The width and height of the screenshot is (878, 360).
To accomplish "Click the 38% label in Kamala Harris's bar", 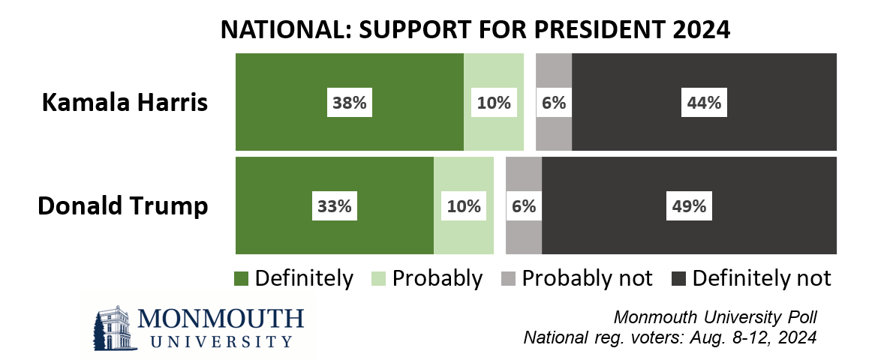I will click(349, 103).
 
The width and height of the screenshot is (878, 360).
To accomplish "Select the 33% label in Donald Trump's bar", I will click(334, 205).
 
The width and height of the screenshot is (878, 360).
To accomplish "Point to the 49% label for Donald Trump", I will click(687, 205).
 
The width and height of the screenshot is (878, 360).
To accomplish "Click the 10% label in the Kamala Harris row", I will click(493, 103).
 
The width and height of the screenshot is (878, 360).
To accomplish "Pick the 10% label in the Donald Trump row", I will click(463, 205).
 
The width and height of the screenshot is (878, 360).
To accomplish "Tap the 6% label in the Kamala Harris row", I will click(553, 103).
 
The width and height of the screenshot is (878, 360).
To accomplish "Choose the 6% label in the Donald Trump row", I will click(523, 205).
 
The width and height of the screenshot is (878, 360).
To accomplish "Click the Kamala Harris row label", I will click(125, 103).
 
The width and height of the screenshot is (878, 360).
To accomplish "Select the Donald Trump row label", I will click(123, 205).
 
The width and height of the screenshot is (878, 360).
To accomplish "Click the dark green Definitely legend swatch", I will click(242, 278).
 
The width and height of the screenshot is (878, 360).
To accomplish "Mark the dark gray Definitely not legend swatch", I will click(679, 278).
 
